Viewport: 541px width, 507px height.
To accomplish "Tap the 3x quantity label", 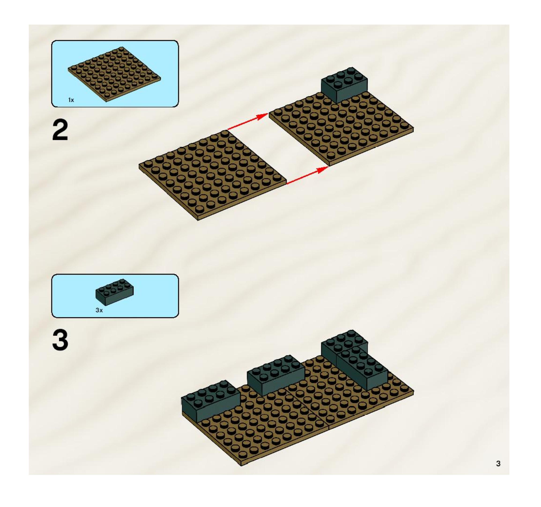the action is point(99,310).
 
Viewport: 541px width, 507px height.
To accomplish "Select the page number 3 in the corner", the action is point(498,463).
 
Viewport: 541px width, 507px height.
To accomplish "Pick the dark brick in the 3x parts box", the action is point(114,292).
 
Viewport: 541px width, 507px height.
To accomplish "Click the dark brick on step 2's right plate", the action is point(344,85).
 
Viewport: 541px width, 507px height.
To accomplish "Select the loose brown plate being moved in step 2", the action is point(213,176).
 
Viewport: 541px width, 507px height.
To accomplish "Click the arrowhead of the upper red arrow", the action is point(263,116).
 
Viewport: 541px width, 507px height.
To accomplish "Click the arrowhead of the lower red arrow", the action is point(323,169).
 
